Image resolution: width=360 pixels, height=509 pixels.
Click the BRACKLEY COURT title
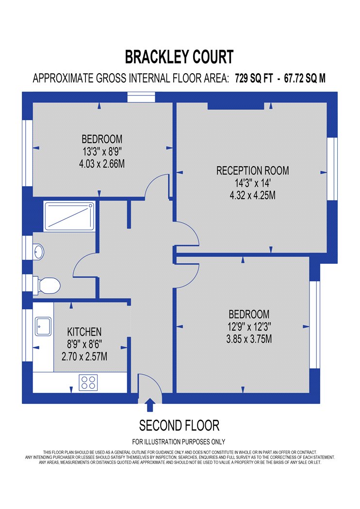[180, 57]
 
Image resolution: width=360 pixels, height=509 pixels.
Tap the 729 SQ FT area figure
[254, 78]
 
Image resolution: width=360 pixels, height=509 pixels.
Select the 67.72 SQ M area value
[305, 78]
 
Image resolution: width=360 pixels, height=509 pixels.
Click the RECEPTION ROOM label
[252, 171]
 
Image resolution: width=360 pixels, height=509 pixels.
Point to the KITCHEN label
[84, 332]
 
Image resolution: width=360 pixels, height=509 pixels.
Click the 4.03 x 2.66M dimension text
[102, 164]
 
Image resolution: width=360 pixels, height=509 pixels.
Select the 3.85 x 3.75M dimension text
[249, 339]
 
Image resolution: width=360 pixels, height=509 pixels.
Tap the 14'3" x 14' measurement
[252, 183]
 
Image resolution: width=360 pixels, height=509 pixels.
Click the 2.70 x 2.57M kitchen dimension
[84, 357]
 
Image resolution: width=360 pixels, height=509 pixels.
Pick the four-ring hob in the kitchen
[88, 382]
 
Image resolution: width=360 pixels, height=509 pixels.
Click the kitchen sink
[43, 326]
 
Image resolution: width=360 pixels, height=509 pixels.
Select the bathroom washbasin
[38, 251]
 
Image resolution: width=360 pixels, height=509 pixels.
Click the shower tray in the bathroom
[69, 216]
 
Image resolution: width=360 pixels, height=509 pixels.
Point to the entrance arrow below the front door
[150, 405]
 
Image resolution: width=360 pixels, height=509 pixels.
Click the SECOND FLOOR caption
[180, 426]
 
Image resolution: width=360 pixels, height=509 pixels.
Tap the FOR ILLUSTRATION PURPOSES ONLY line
[179, 442]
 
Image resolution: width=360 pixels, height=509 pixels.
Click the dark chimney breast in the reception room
[236, 106]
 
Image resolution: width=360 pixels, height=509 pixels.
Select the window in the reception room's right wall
[332, 169]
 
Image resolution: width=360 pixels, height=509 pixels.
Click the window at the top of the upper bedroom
[141, 97]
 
